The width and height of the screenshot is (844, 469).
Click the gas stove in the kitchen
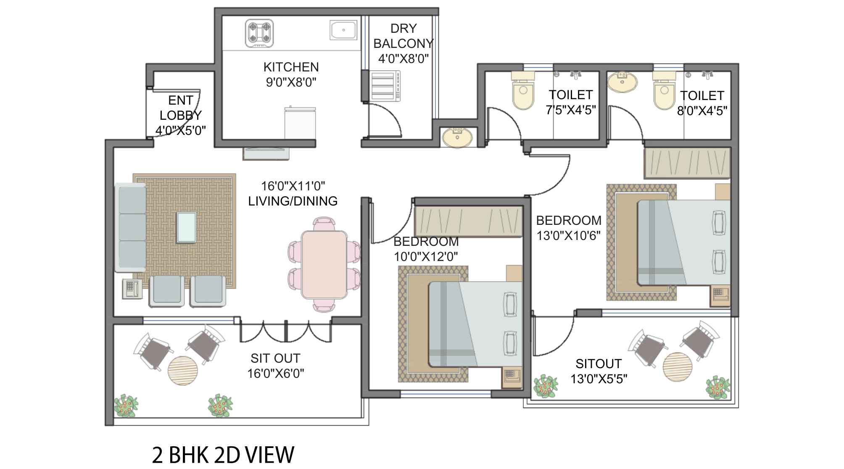259,33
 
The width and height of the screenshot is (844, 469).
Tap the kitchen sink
343,30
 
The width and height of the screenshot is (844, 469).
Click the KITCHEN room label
291,67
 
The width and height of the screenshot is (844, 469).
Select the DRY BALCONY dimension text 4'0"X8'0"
403,58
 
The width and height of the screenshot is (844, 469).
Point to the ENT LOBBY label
181,108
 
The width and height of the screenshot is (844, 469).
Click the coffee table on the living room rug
186,227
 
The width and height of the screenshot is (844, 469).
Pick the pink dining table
324,264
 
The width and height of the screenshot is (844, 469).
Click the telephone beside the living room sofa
132,289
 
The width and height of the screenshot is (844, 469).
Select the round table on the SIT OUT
182,371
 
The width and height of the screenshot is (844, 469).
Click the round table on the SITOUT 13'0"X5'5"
678,367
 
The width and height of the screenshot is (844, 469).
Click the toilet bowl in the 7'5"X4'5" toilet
523,90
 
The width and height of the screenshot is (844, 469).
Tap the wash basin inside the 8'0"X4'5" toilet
623,82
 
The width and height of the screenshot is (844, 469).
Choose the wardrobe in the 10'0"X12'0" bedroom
468,221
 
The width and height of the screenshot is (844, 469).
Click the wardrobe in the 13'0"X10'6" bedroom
687,163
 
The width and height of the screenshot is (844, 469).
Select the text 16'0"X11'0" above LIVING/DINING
293,186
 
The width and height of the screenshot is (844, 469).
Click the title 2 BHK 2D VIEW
223,455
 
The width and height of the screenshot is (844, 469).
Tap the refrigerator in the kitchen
300,123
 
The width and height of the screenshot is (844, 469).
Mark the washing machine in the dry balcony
385,86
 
